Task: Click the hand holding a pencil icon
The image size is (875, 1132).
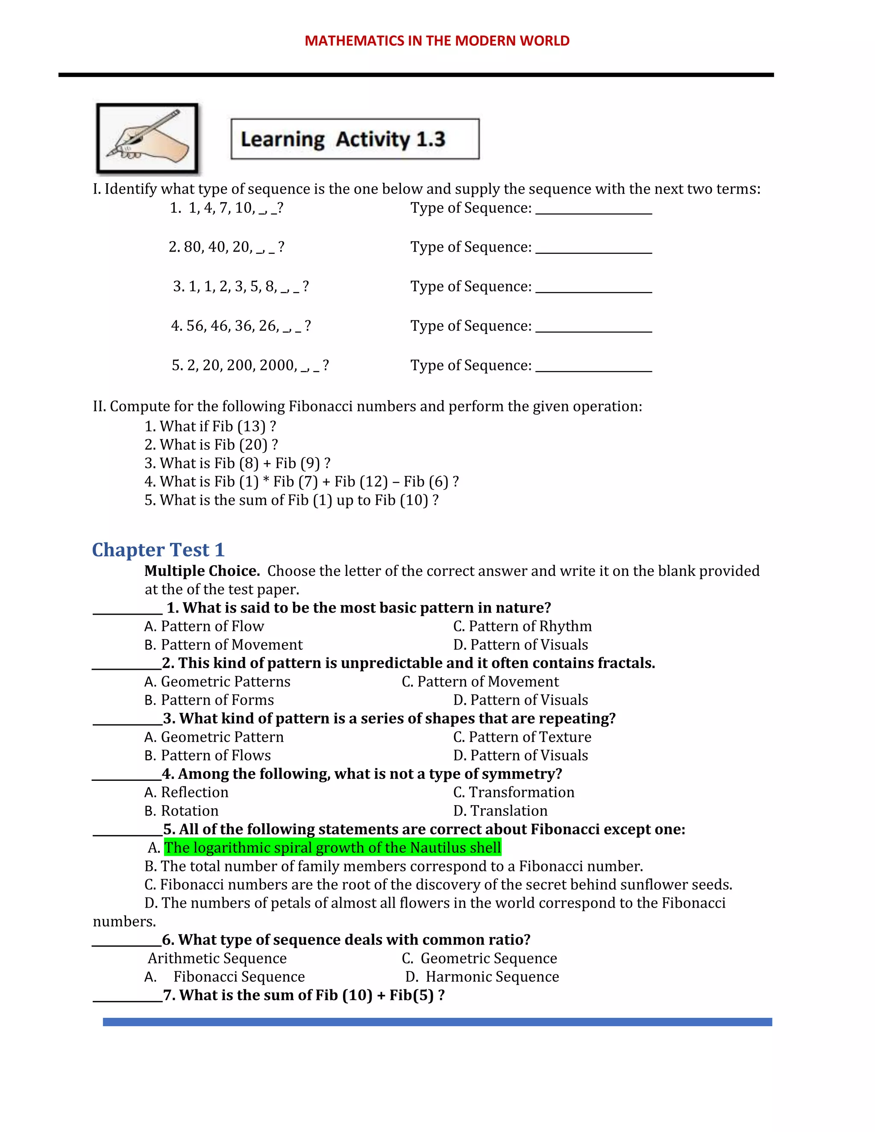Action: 147,138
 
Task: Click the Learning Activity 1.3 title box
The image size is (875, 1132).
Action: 355,139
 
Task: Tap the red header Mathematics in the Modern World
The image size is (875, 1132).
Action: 437,41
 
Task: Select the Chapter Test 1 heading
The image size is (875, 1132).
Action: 158,550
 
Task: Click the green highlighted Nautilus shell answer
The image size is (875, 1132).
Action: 332,848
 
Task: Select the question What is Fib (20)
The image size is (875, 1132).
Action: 211,445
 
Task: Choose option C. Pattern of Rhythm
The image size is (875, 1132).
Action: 522,626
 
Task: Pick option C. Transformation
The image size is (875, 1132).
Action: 514,792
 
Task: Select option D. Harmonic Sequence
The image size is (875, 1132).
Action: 482,977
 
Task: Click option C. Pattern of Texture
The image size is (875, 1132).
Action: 522,737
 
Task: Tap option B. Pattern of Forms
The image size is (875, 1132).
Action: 209,700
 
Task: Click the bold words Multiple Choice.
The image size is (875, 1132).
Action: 202,571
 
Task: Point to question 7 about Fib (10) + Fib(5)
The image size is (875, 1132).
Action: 304,995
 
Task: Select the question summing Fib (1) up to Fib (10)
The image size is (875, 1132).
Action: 291,500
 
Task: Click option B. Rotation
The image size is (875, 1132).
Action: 182,811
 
